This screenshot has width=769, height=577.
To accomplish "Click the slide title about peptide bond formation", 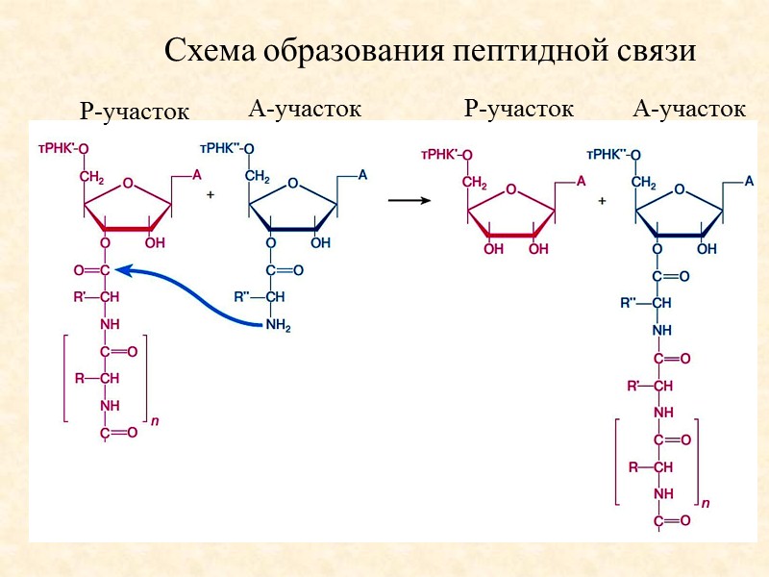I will (x=429, y=50).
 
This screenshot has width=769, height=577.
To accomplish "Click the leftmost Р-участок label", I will (x=135, y=113).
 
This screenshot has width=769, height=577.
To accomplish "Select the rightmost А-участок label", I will (x=689, y=110).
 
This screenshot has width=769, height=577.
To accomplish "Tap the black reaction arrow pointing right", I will (x=408, y=200).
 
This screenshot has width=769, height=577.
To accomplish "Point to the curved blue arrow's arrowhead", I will (x=134, y=272).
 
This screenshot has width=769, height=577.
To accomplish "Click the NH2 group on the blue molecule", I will (x=278, y=326).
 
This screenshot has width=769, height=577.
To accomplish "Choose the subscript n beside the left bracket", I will (x=155, y=420).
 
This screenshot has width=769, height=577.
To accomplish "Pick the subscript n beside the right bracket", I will (x=707, y=502).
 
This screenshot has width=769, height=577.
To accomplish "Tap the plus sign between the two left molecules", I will (x=211, y=194).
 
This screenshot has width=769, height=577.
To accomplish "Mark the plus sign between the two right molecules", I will (x=603, y=201).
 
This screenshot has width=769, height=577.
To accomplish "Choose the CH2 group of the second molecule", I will (x=257, y=177).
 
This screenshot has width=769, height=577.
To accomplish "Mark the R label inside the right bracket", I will (x=633, y=467).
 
